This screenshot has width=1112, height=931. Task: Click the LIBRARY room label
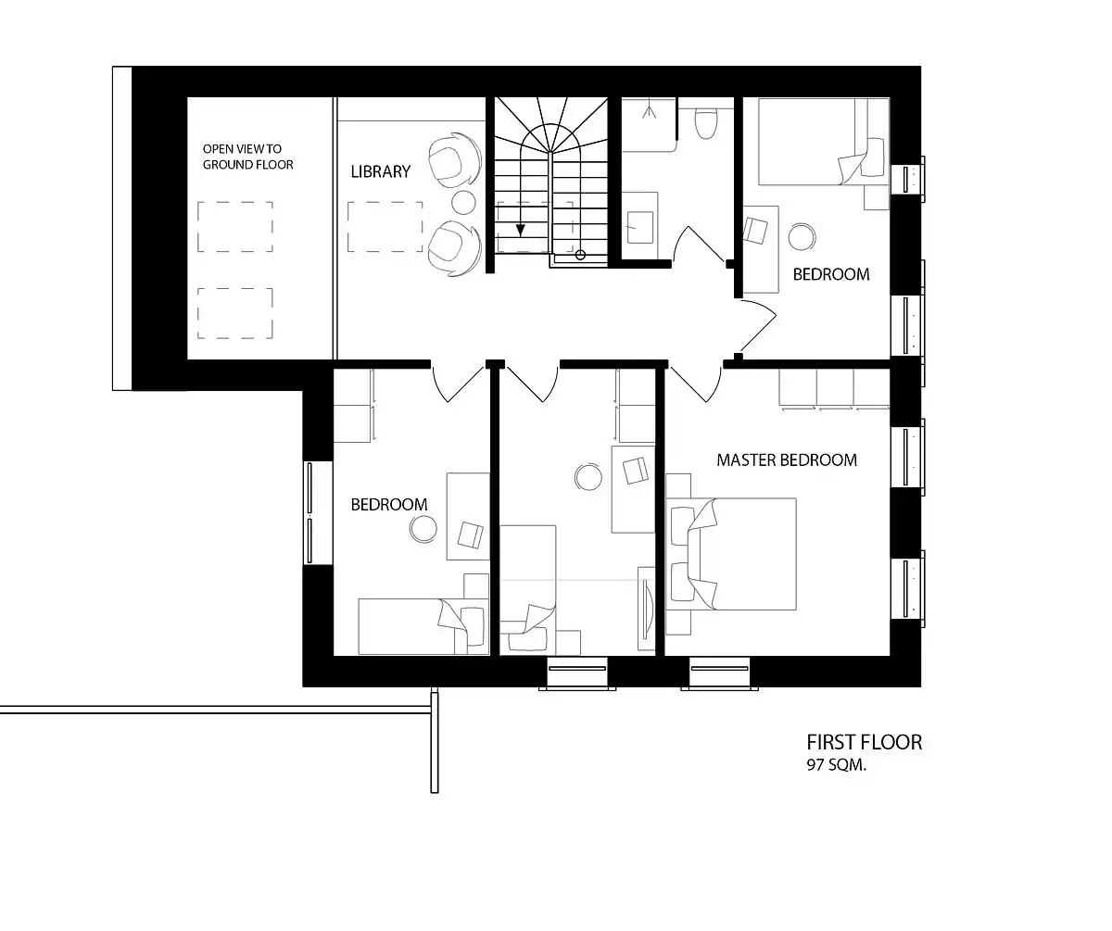380,171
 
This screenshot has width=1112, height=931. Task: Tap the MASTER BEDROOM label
787,459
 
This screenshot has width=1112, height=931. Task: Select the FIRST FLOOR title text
864,742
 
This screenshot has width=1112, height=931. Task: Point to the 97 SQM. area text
836,765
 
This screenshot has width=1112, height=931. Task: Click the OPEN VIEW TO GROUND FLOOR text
247,157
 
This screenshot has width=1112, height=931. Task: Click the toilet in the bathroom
705,123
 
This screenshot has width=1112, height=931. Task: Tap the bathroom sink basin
639,227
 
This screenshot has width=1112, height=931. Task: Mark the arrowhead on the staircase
520,231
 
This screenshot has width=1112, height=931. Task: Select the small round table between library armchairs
463,202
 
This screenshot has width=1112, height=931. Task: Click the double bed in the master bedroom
731,554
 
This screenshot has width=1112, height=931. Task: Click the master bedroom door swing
696,385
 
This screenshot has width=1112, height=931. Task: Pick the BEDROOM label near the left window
389,505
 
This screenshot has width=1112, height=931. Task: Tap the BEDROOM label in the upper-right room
831,275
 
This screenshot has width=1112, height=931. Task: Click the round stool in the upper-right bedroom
802,236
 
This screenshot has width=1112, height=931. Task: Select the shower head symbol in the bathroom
649,112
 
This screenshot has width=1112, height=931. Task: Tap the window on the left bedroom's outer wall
310,512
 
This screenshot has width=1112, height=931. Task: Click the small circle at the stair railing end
580,255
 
